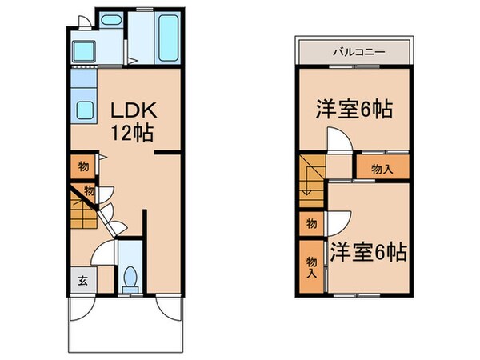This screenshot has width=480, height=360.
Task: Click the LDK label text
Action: point(122,110)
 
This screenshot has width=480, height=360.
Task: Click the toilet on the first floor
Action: point(130,280)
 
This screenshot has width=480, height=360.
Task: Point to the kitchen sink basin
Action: point(85,110)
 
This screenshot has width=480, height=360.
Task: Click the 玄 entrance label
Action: point(82,281)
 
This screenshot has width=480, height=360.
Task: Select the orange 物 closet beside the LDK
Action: point(82,167)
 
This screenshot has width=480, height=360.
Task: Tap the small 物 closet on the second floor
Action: point(311,222)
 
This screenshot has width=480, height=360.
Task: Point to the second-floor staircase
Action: point(310,181)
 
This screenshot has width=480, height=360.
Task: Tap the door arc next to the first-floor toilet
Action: point(104,254)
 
